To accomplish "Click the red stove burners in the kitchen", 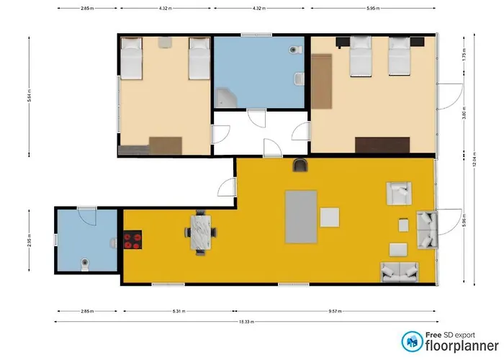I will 132,240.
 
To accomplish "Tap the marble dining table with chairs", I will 202,232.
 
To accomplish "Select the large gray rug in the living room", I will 301,216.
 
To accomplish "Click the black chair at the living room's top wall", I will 300,166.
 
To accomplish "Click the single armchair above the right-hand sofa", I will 398,192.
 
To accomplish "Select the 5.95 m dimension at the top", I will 372,9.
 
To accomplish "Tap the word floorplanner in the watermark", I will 451,346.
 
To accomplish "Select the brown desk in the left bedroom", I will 165,145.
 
